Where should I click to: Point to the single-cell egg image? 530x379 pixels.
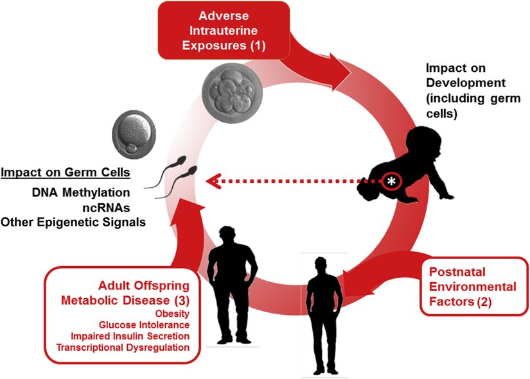[133, 133]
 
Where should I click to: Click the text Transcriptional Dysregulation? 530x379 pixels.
[127, 348]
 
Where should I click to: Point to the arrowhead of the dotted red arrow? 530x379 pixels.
[209, 181]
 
